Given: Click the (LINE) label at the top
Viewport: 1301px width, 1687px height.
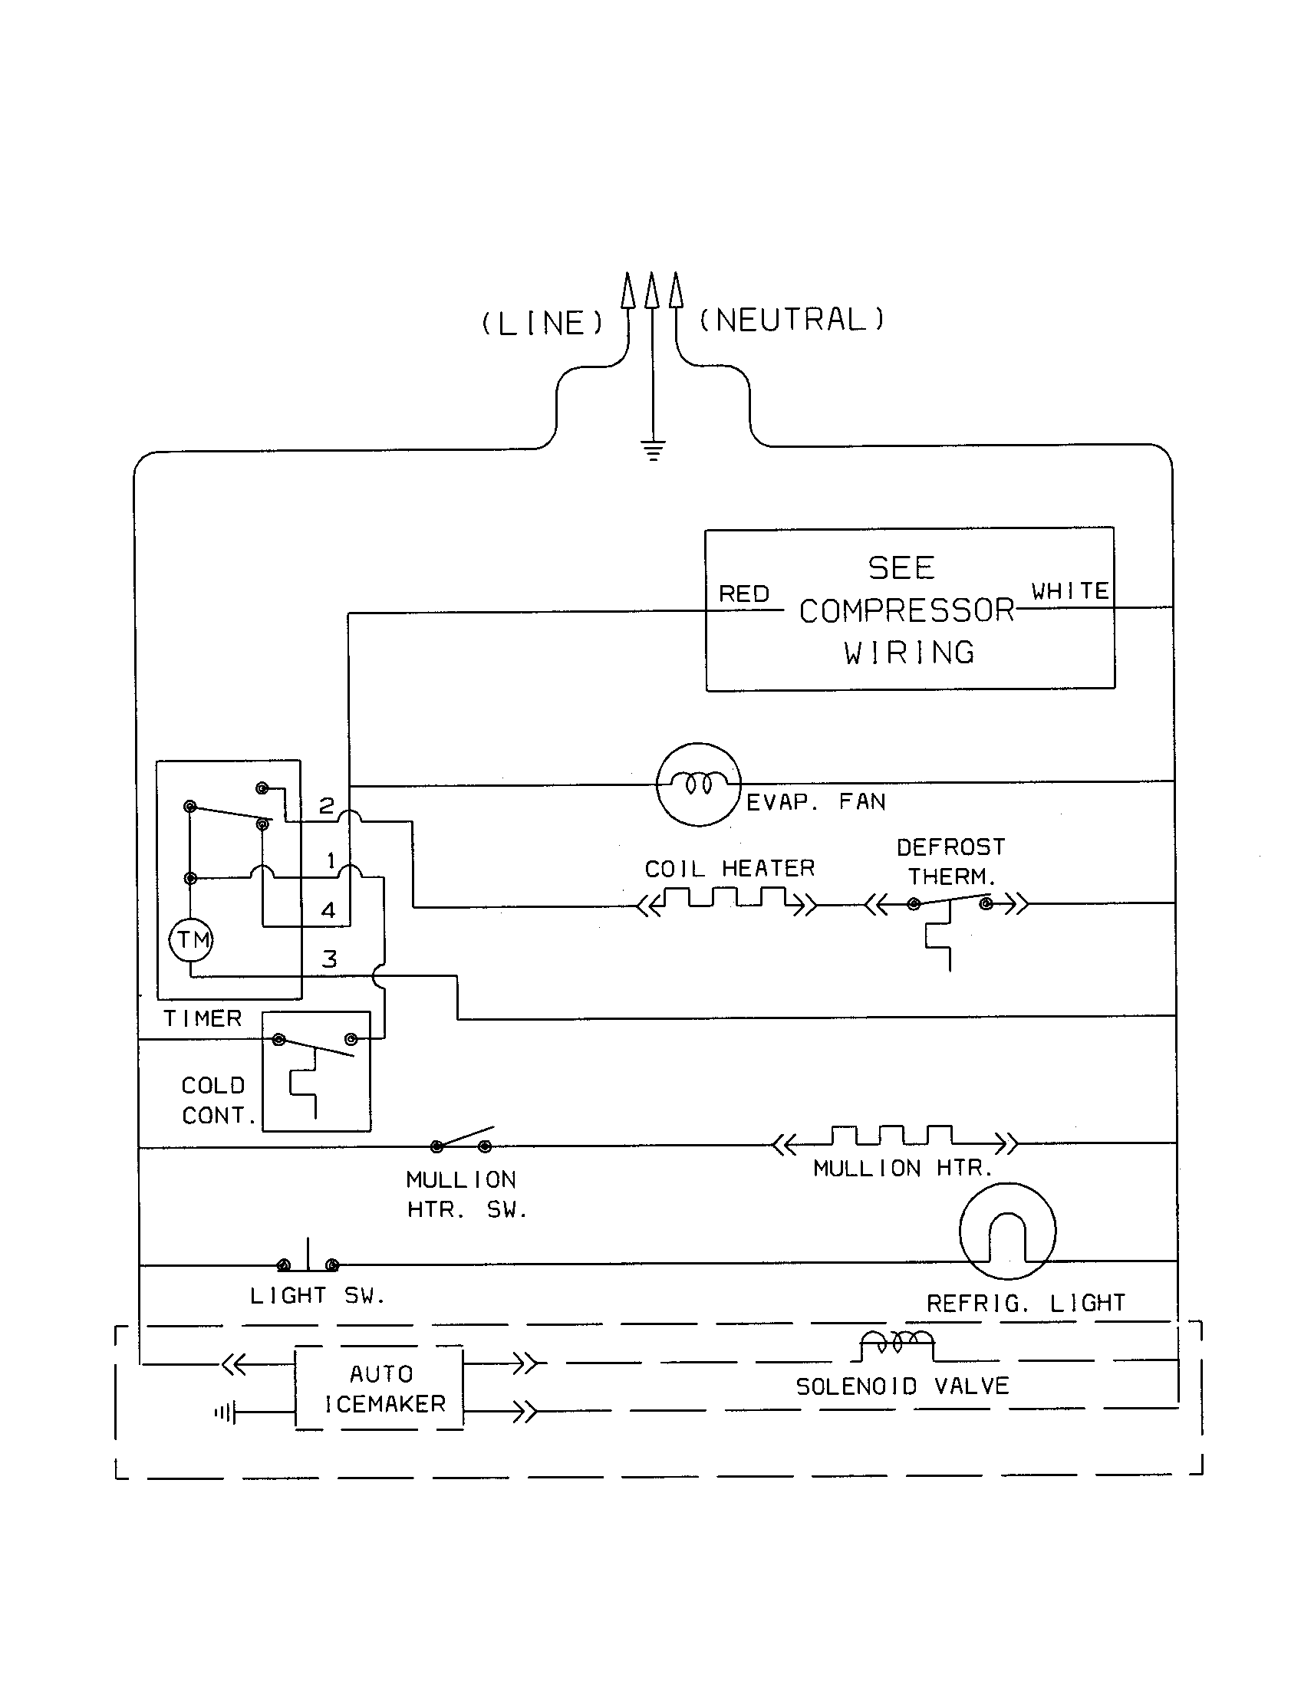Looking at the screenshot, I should point(542,323).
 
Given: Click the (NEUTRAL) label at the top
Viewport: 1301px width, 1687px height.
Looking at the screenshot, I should point(792,320).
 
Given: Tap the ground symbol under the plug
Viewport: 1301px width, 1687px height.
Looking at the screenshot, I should point(654,450).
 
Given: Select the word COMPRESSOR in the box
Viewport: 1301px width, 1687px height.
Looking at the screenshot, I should point(906,611).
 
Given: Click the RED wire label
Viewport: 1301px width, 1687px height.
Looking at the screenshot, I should point(744,594).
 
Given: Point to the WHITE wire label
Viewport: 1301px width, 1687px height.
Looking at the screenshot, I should point(1070,592).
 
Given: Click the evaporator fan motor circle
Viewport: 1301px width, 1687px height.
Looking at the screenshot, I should point(698,784).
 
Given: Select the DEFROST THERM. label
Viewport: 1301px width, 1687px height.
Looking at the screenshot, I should point(951,862).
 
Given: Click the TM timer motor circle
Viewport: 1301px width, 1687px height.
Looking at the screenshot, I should point(191,940).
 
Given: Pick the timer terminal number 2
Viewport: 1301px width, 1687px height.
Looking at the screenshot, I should point(327,807).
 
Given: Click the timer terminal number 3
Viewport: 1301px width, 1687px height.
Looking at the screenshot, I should point(329,959).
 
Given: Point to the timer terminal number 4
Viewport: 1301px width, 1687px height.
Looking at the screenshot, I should point(328,911).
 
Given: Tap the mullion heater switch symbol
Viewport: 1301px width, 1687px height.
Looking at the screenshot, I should point(462,1140).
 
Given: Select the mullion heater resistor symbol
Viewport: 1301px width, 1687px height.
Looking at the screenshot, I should point(894,1137).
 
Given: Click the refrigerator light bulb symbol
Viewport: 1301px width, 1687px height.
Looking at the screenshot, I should point(1007,1232).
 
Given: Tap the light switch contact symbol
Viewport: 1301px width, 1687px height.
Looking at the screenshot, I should point(308,1262).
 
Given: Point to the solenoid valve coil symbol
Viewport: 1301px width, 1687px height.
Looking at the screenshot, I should point(897,1343).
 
